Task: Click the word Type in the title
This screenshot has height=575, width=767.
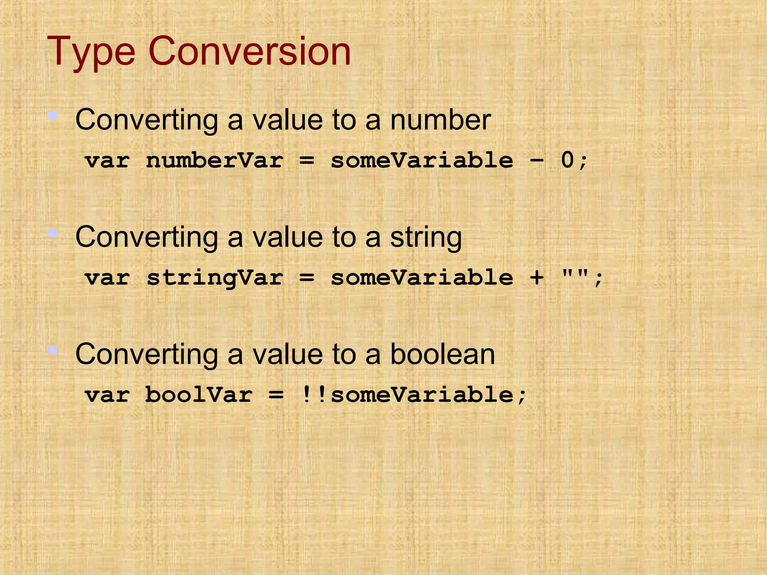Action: [x=91, y=52]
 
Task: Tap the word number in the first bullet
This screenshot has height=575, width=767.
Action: [x=440, y=120]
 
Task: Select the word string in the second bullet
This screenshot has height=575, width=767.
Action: [x=426, y=238]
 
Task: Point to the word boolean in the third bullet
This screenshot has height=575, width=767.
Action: [x=443, y=355]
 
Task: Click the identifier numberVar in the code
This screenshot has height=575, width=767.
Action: [x=215, y=161]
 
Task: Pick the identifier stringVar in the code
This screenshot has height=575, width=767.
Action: [x=215, y=278]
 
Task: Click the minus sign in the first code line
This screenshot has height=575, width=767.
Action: [x=537, y=161]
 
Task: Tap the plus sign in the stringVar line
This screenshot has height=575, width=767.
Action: [x=537, y=278]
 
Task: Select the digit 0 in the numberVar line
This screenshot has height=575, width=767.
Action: [x=567, y=161]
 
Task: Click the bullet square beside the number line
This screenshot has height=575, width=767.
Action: [x=53, y=116]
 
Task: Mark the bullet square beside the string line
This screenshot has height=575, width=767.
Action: [x=53, y=234]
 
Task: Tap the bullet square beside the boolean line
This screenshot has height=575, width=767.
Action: [x=53, y=350]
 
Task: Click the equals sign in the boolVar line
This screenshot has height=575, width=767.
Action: [x=276, y=395]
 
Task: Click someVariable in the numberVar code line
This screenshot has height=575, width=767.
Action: [x=422, y=161]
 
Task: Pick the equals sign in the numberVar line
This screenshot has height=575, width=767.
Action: [x=307, y=161]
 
